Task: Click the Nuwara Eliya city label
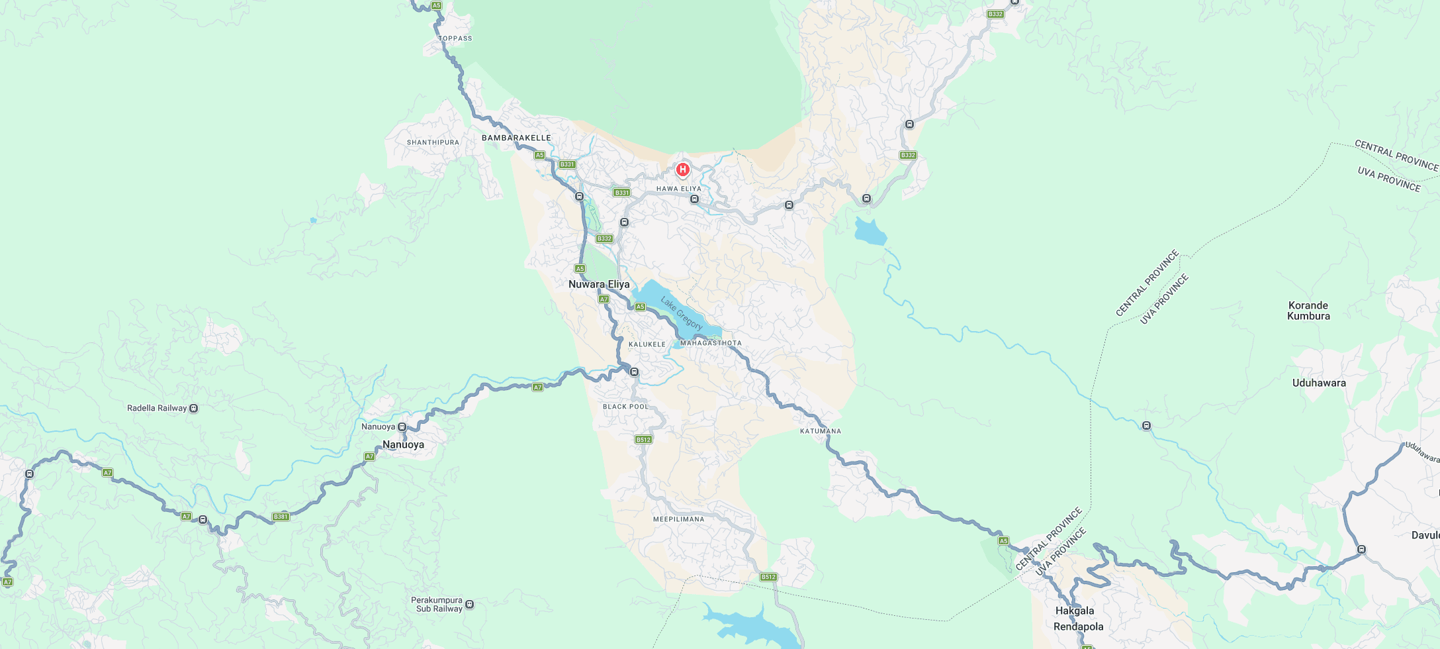599,284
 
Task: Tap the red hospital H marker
682,170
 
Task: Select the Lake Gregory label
681,313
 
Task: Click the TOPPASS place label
455,38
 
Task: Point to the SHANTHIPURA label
433,142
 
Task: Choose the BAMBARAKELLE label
516,138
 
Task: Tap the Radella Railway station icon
194,408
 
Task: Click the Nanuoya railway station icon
402,427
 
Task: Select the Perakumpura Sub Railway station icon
470,604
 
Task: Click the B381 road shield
281,517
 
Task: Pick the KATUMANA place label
821,431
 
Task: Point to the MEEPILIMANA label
678,519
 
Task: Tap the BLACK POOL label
625,407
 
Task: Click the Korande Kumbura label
1308,311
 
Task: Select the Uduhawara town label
1319,383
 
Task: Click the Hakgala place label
1075,611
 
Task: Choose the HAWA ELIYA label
678,189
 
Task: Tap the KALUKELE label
647,344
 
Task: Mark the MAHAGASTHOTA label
711,343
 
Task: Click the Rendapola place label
1078,626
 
